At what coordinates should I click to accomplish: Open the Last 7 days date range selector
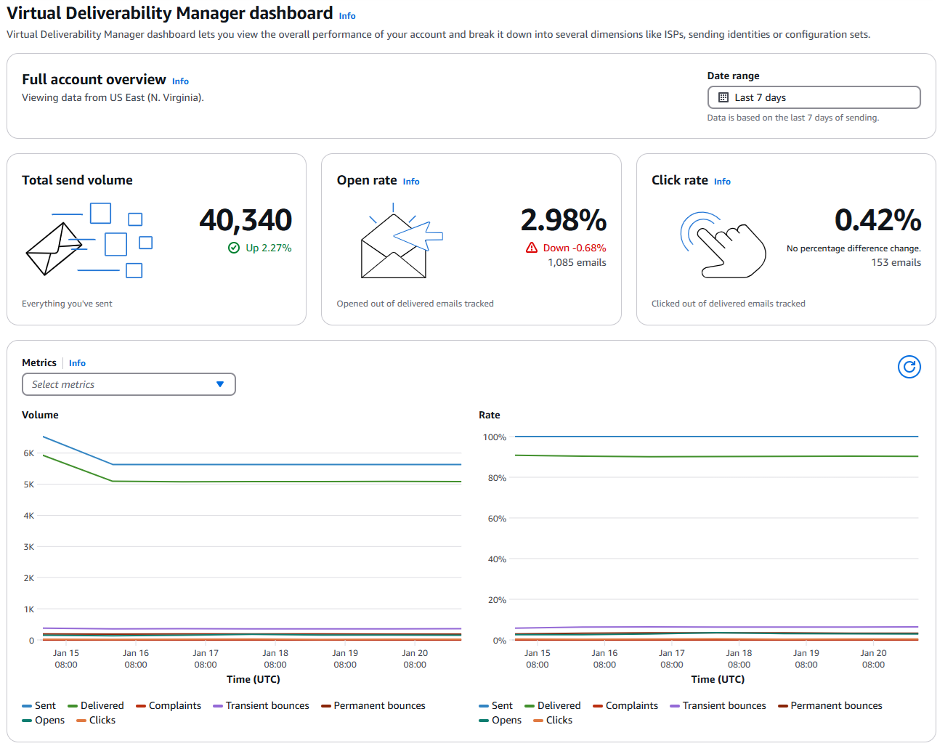click(x=814, y=97)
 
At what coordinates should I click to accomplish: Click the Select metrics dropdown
click(x=129, y=384)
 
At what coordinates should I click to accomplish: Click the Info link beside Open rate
click(x=411, y=182)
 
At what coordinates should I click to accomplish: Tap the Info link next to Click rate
click(x=722, y=182)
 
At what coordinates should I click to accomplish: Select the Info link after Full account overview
click(x=180, y=81)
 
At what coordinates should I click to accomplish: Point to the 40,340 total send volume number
click(x=246, y=220)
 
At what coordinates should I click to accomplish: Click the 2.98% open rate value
click(x=563, y=220)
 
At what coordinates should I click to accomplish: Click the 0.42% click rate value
click(x=877, y=220)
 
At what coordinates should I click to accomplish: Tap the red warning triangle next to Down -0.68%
click(x=532, y=248)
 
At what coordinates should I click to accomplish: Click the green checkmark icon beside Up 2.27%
click(x=234, y=248)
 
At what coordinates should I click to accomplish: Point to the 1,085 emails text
click(x=577, y=263)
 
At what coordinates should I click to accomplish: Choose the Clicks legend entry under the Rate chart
click(x=559, y=720)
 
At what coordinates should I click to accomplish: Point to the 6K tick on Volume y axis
click(x=29, y=453)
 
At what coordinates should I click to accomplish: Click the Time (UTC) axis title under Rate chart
click(x=718, y=679)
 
